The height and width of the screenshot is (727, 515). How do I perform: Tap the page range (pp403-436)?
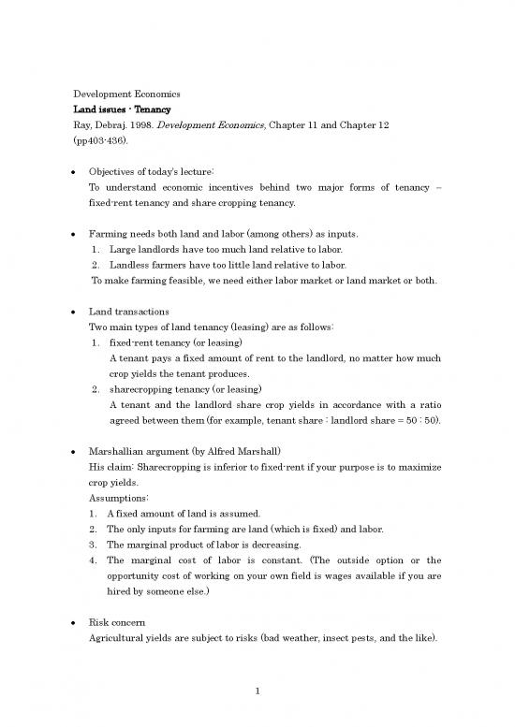(104, 145)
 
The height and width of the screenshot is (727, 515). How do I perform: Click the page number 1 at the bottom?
(257, 692)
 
